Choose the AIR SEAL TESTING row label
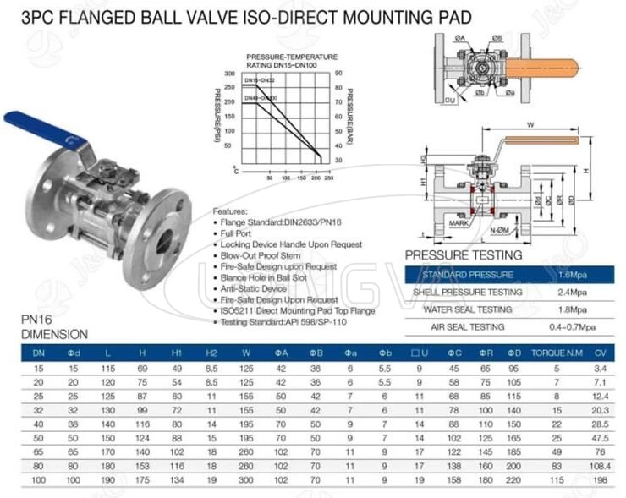point(468,326)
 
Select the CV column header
point(598,352)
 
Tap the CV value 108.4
point(598,466)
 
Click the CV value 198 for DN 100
point(598,480)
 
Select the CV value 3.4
point(598,368)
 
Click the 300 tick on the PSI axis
point(228,74)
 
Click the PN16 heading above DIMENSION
point(35,322)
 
